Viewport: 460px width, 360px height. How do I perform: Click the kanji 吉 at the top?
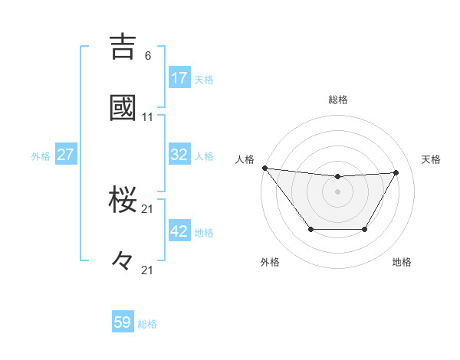[x=123, y=45]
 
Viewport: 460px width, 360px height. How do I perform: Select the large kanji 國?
[x=123, y=107]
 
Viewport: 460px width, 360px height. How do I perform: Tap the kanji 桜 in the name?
[x=123, y=198]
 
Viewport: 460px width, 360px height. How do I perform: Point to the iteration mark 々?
[x=123, y=260]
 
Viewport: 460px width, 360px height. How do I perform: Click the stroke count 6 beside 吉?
[x=147, y=55]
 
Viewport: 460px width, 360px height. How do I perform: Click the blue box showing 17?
[x=179, y=77]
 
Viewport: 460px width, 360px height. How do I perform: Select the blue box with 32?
[x=179, y=155]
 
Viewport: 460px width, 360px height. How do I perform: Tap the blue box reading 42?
[x=179, y=231]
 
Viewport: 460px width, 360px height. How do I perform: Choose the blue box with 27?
[x=65, y=155]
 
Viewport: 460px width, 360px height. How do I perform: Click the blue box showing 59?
[x=123, y=322]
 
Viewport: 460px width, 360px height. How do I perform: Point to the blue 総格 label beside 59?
[x=147, y=324]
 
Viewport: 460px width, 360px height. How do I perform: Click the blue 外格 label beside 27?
[x=41, y=156]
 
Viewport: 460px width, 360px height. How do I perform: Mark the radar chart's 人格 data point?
[x=264, y=168]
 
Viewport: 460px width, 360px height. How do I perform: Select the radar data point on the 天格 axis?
[x=396, y=172]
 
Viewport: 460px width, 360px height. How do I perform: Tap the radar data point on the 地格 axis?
[x=365, y=229]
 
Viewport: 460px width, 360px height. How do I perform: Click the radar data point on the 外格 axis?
[x=310, y=229]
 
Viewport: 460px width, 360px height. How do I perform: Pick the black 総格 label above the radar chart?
[x=338, y=100]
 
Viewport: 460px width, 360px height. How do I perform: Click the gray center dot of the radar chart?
[x=338, y=191]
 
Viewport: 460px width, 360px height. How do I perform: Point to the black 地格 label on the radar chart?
[x=402, y=262]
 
